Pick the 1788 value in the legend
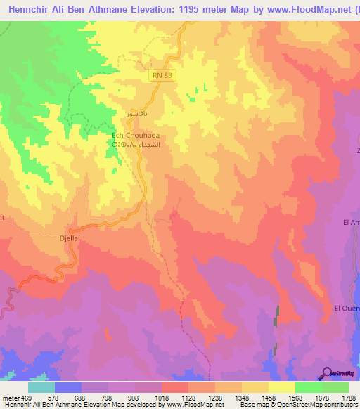[348, 397]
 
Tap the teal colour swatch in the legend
[41, 387]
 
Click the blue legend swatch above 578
[68, 387]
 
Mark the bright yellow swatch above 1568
[281, 387]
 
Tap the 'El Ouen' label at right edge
[347, 308]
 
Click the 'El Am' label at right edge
[351, 222]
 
